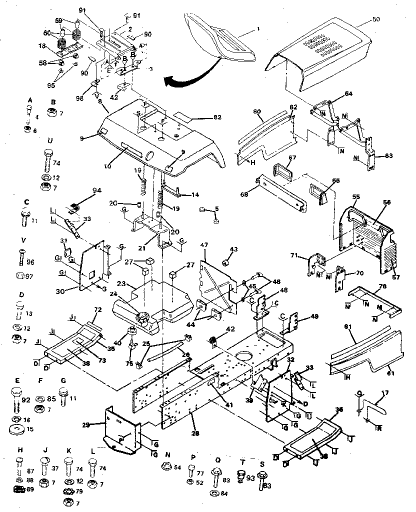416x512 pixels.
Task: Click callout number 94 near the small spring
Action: click(x=96, y=190)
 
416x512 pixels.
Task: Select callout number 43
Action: click(x=234, y=249)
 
